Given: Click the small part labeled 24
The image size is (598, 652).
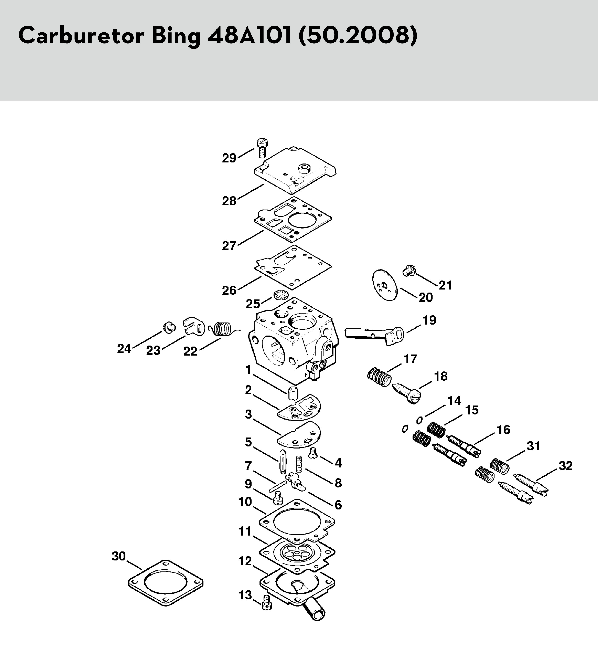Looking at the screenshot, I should tap(169, 328).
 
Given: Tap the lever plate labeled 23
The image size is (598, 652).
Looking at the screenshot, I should tap(194, 326).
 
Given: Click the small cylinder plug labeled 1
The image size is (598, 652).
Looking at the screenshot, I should tap(293, 393).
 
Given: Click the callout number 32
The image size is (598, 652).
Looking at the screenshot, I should tap(566, 466).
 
